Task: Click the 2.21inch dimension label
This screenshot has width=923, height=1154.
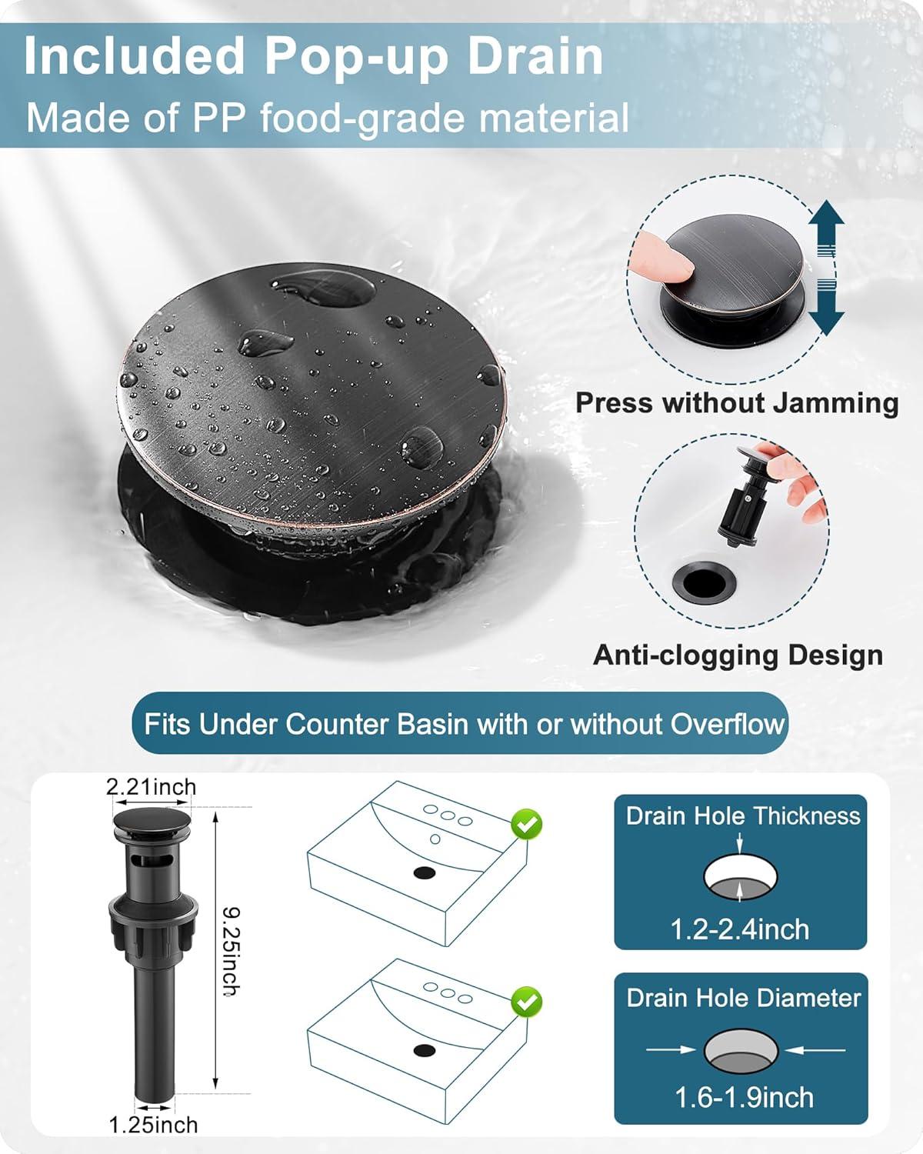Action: (x=151, y=786)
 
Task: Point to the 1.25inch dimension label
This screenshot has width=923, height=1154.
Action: (x=153, y=1125)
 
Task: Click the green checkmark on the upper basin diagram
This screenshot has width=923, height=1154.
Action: (x=527, y=825)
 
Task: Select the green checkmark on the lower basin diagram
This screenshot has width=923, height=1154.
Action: (x=527, y=1002)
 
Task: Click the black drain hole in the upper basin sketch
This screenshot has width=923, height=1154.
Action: (x=425, y=872)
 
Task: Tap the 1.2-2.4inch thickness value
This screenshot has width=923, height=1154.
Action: (x=740, y=929)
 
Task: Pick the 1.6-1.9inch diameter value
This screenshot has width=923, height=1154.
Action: (x=744, y=1097)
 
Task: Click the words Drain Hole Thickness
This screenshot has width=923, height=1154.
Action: (x=742, y=815)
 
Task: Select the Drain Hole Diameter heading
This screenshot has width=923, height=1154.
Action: (x=743, y=998)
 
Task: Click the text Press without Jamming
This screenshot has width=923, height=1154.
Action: (x=737, y=403)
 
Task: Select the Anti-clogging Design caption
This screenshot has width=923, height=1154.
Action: (x=738, y=655)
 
